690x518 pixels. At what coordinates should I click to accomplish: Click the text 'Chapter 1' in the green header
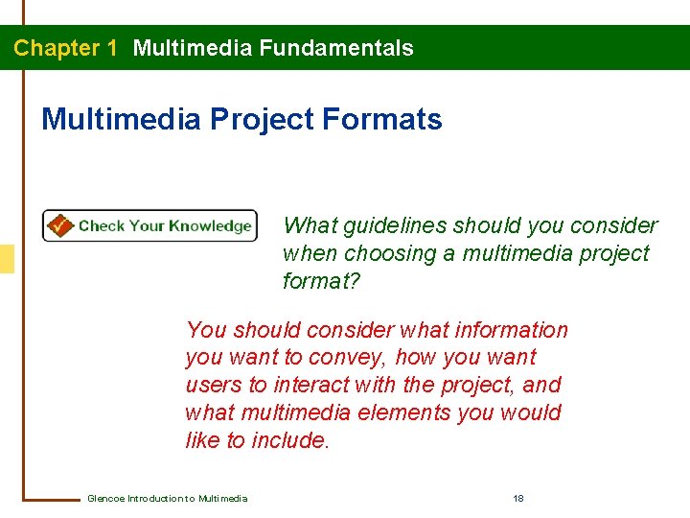[x=65, y=48]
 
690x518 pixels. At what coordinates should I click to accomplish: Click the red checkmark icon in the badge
[x=59, y=225]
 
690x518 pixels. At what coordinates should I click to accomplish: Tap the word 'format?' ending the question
[x=320, y=281]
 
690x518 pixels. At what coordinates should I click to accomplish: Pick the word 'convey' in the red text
[x=411, y=358]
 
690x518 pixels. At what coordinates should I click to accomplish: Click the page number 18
[x=518, y=498]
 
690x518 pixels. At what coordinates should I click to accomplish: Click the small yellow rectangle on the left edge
[x=7, y=259]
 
